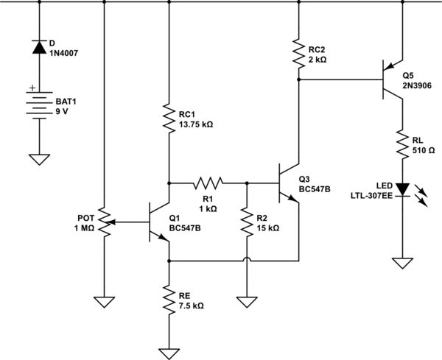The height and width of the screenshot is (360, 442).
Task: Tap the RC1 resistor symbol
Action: pos(169,119)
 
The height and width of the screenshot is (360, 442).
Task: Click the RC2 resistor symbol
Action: pos(298,51)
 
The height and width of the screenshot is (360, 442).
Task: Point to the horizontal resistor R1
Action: pos(208,181)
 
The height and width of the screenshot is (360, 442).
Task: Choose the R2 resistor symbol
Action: pos(245,222)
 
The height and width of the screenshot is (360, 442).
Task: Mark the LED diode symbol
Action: pos(402,189)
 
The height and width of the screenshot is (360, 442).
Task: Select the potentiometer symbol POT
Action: pos(104,222)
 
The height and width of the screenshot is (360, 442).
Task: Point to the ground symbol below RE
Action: pos(169,351)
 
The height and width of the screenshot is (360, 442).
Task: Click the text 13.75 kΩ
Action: pos(195,125)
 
